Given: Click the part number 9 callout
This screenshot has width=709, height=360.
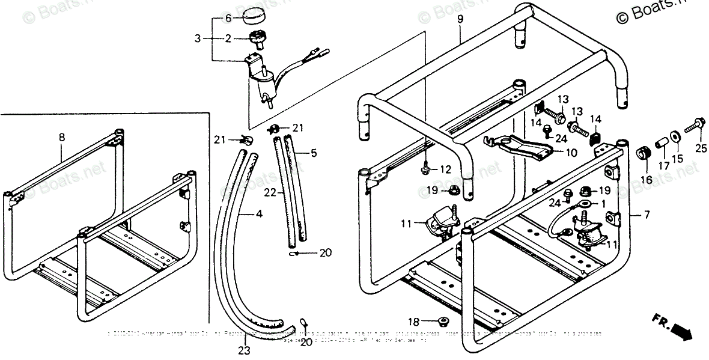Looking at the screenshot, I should [x=460, y=19].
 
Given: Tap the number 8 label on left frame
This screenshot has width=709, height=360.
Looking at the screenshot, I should [x=62, y=136].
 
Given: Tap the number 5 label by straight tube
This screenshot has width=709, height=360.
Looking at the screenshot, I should [x=313, y=153].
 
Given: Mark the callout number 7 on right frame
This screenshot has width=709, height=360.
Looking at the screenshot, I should [x=630, y=214].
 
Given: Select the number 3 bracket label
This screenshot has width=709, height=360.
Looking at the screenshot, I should [x=198, y=39].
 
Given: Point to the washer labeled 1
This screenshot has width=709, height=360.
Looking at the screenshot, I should [x=582, y=204].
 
